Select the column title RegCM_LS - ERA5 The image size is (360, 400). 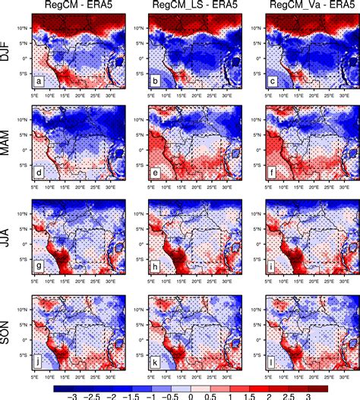click(x=190, y=6)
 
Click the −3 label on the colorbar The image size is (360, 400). click(x=72, y=395)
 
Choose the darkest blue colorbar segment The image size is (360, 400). click(x=63, y=383)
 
